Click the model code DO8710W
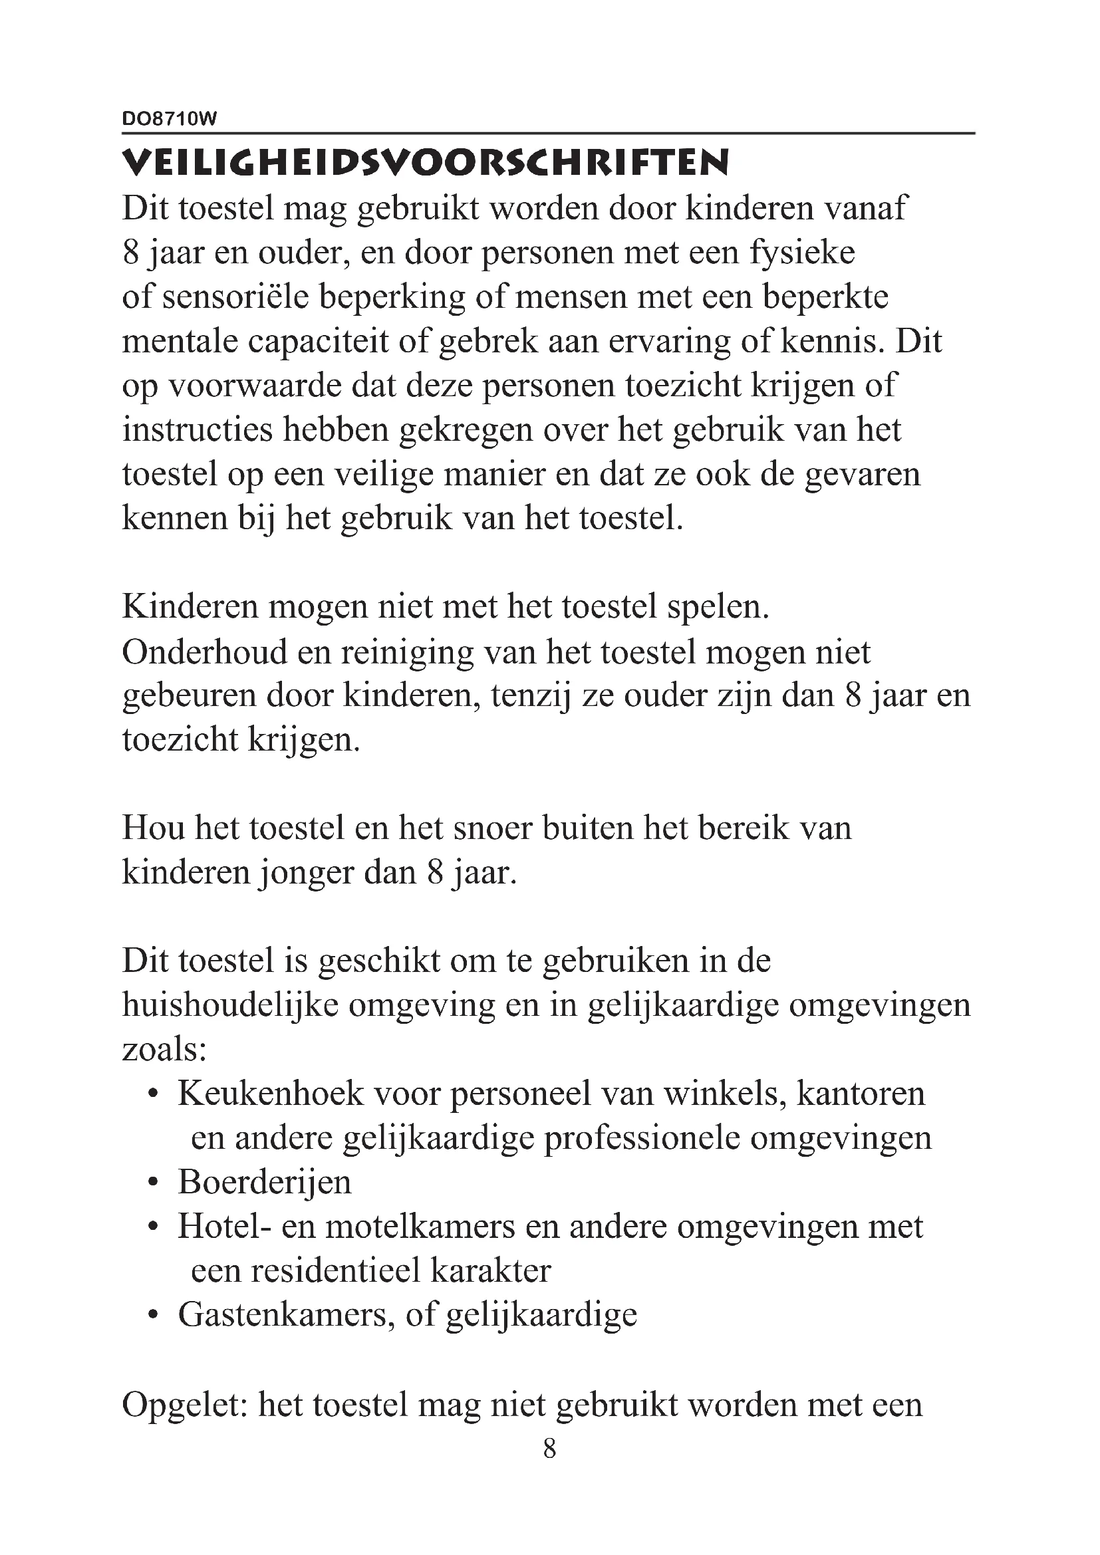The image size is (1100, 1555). point(170,119)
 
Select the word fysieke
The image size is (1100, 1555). point(802,253)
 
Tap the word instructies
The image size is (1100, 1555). point(197,430)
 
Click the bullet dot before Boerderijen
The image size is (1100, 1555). point(154,1183)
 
